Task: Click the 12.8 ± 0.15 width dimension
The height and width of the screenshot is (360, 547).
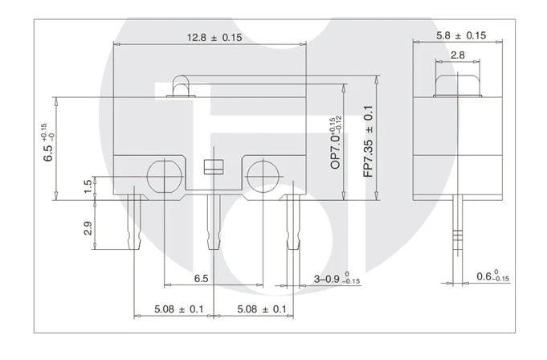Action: [x=214, y=37]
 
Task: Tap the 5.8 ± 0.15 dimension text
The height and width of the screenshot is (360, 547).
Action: [x=461, y=35]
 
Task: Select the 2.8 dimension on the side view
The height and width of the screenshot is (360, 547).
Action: [x=457, y=55]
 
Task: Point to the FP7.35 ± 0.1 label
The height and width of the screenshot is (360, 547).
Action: [x=369, y=141]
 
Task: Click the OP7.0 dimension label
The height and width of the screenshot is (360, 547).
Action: [x=336, y=143]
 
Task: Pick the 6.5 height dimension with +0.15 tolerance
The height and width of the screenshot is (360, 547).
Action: [x=49, y=142]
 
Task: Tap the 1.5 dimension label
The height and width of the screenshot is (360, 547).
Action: [x=88, y=186]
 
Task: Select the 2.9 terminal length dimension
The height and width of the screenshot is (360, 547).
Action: [x=88, y=228]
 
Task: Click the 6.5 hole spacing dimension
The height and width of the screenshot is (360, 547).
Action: [x=202, y=278]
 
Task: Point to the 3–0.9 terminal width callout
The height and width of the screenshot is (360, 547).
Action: [x=337, y=279]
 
